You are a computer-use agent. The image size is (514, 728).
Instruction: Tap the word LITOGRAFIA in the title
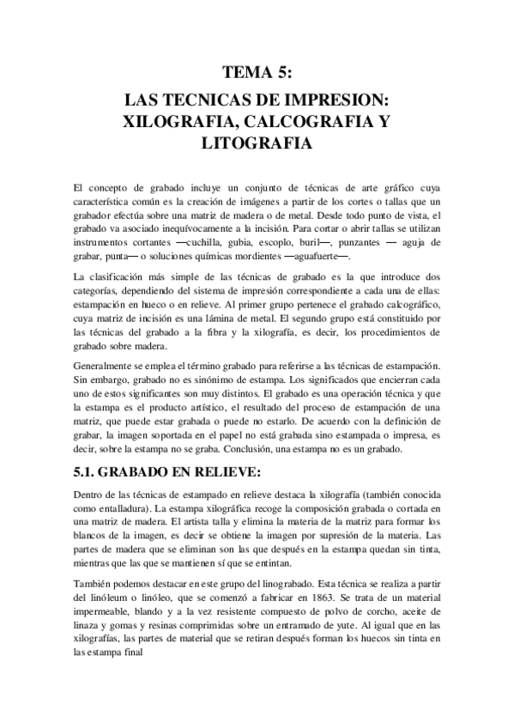coord(257,145)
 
